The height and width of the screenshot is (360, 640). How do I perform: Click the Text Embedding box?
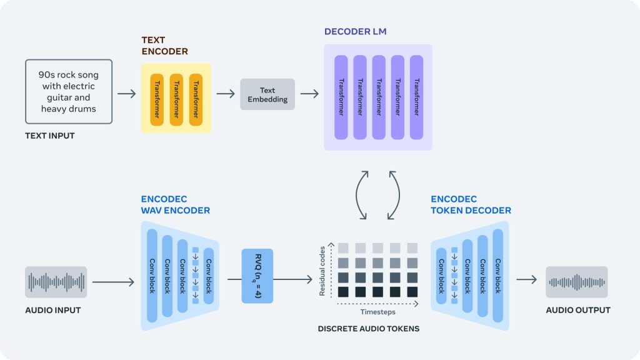coord(267,94)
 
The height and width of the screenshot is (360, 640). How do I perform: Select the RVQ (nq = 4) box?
coord(257,276)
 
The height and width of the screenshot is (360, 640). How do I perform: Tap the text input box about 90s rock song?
coord(69,92)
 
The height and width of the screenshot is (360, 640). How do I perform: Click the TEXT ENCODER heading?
coord(164,46)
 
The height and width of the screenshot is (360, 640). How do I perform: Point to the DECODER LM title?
coord(354,31)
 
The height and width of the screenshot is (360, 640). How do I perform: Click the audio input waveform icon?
coord(56,282)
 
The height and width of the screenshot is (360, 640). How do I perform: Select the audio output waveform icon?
coord(576,282)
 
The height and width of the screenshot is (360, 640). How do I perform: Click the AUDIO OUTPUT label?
coord(578,310)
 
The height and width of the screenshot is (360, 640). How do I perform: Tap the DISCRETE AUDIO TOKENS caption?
coord(369,329)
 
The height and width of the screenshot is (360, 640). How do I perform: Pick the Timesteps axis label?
coord(377,312)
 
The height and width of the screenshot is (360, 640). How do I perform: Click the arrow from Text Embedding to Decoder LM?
coord(309,94)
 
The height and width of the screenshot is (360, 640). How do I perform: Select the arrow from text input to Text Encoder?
coord(126,94)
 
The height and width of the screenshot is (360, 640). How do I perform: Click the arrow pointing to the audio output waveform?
coord(526,279)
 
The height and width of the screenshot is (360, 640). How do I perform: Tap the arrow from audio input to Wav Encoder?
coord(113,282)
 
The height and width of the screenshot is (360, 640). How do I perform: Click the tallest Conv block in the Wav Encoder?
coord(151,276)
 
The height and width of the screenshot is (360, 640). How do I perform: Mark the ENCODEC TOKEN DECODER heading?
coord(471,205)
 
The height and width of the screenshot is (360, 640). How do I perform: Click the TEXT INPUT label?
coord(49,136)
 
